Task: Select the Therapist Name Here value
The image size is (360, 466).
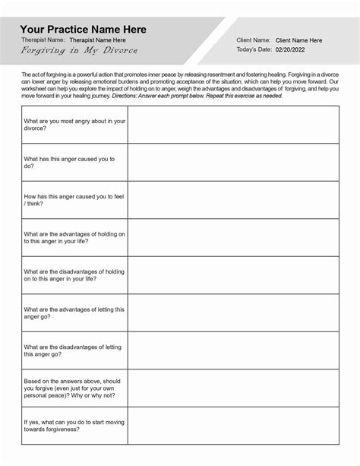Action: tap(97, 40)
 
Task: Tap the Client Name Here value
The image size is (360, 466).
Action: tap(298, 40)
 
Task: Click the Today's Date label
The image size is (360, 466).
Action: tap(254, 50)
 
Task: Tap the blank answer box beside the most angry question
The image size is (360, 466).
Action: tap(232, 125)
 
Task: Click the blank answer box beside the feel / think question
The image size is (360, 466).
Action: tap(232, 199)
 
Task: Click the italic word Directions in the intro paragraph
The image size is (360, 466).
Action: tap(156, 97)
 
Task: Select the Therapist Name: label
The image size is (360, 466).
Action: tap(43, 40)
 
